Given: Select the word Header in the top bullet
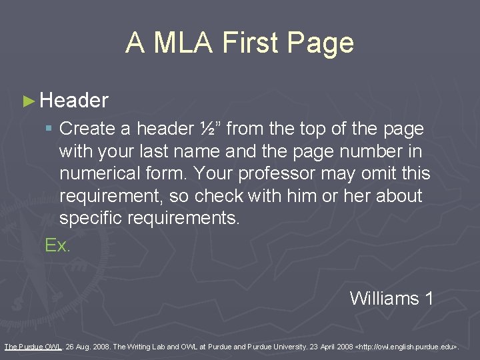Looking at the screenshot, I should pos(74,101).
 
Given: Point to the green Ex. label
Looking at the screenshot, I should pos(57,245).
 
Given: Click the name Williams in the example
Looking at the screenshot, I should pos(384,298).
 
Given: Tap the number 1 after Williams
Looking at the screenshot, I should pos(429,298).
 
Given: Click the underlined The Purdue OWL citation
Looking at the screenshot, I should pos(33,347).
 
